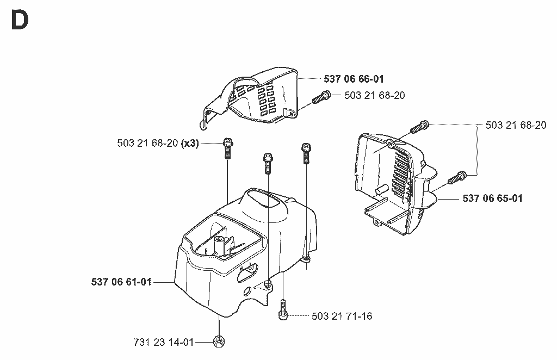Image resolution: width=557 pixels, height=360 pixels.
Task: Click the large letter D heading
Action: coord(20,20)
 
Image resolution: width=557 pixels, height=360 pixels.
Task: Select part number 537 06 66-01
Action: coord(354,79)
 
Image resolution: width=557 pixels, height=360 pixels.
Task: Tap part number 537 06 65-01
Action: coord(492,198)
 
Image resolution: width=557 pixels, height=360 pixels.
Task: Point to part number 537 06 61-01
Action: coord(121,282)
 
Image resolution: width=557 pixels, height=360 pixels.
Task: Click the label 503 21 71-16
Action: coord(342,316)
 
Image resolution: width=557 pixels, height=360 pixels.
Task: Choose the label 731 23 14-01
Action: coord(163,342)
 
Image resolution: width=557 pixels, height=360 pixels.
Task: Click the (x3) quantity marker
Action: coord(190,143)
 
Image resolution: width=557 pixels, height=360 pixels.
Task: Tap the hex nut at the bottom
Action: coord(219,342)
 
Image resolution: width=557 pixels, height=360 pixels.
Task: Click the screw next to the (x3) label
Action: coord(228,148)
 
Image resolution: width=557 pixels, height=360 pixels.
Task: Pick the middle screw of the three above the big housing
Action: coord(268,163)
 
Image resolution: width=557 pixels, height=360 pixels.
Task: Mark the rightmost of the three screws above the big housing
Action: coord(306,153)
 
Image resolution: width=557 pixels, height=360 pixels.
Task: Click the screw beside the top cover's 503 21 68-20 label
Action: coord(321,97)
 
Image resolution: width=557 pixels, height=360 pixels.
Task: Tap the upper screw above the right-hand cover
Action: coord(420,127)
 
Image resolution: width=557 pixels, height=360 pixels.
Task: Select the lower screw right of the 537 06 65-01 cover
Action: coord(457,177)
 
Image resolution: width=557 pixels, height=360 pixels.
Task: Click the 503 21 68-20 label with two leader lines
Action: coord(516,125)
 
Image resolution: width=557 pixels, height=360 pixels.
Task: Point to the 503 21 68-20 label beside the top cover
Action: coord(374,95)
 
